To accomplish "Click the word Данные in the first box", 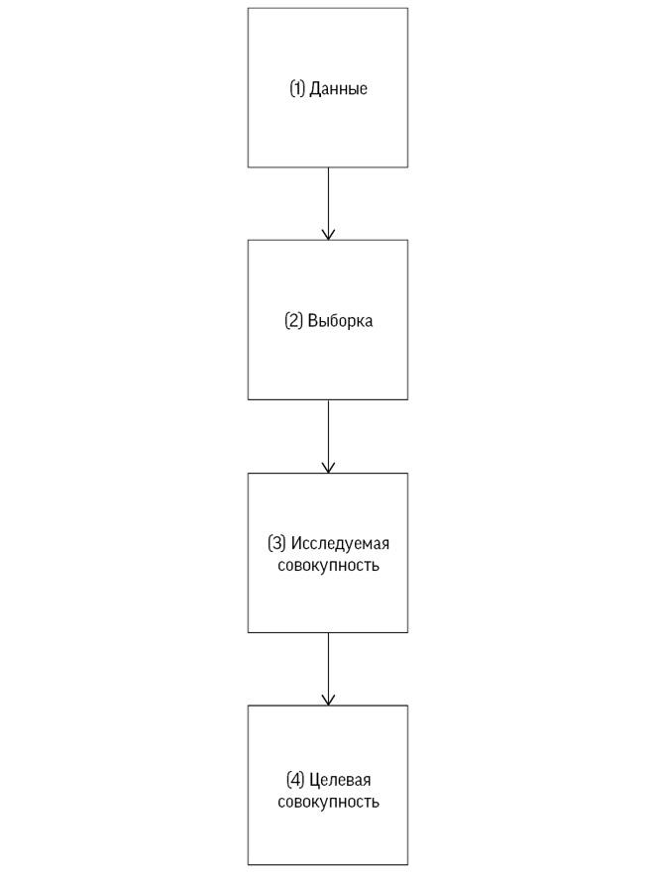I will pos(339,89).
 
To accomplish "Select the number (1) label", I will pos(297,89).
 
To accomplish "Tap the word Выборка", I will pos(340,321).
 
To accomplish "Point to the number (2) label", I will pos(293,321).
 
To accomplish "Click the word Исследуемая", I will pos(340,543).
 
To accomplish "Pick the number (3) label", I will pos(276,543).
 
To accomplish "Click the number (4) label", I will pos(294,780).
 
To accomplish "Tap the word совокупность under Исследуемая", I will pos(328,567).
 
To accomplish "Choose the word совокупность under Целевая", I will pos(328,802).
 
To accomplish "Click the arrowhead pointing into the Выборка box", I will pos(328,235).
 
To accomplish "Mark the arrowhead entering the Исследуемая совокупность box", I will pos(328,468).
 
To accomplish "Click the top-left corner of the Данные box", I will pos(248,8).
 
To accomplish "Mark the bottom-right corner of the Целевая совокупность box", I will pos(407,865).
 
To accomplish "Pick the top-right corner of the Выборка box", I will pos(407,240).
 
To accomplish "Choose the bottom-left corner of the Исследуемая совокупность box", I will pos(248,632).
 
